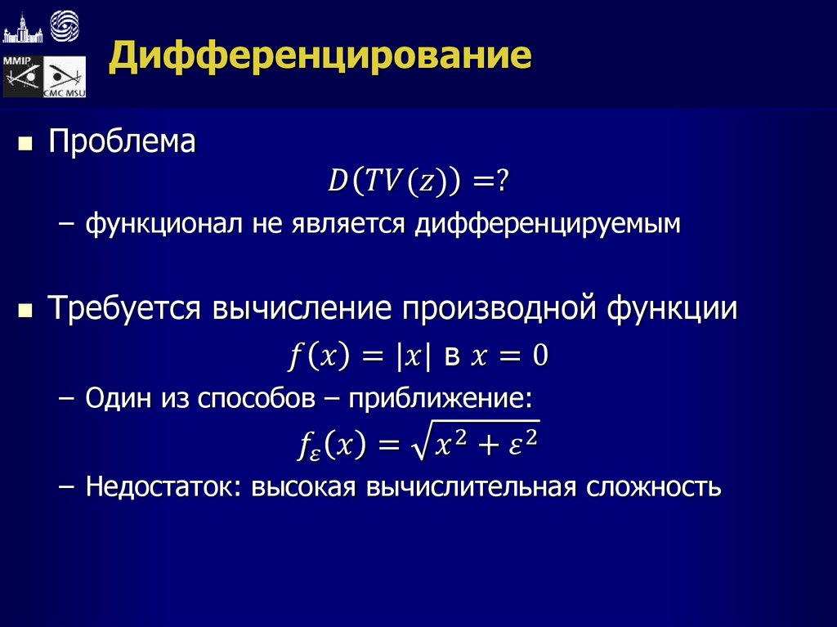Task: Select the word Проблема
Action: click(122, 142)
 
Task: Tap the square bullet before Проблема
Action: click(25, 144)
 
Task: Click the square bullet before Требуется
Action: click(25, 311)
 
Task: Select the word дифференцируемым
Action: click(547, 223)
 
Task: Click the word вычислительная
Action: click(471, 487)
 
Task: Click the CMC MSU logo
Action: click(65, 78)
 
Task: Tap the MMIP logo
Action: click(22, 77)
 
